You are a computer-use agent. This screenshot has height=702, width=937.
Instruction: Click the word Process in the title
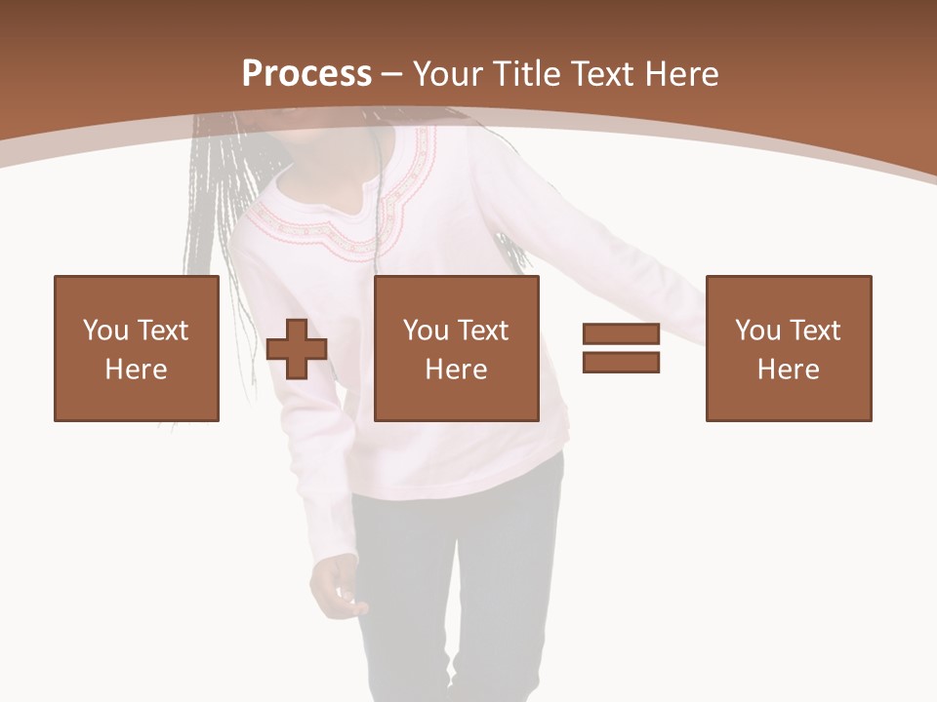tap(306, 73)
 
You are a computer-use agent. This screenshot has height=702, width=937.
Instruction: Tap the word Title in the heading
tap(528, 73)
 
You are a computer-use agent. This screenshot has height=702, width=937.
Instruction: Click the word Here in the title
tap(683, 73)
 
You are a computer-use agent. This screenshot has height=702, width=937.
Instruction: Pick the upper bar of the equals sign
tap(621, 333)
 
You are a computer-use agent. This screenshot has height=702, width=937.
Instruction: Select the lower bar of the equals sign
tap(621, 362)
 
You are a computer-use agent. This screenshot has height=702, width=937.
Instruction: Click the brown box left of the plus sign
tap(136, 348)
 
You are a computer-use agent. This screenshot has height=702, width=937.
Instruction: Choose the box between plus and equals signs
tap(456, 348)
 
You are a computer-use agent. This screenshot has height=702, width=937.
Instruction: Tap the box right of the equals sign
tap(788, 348)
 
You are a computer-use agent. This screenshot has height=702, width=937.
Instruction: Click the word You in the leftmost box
tap(104, 331)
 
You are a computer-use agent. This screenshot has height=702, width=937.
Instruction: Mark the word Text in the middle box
tap(483, 331)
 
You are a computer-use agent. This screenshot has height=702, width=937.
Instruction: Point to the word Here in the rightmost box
tap(788, 370)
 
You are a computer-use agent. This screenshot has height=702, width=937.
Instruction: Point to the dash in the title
tap(392, 75)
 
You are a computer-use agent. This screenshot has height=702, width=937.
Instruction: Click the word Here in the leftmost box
tap(136, 370)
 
